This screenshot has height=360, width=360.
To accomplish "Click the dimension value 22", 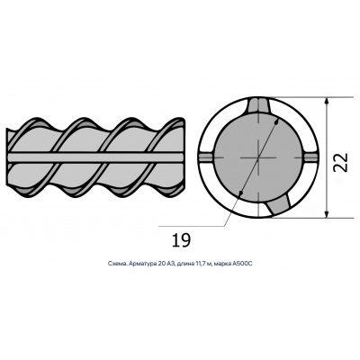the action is coord(341,162).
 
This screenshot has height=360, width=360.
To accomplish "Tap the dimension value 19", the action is coord(181,240).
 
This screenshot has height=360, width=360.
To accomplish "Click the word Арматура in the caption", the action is coord(143,264).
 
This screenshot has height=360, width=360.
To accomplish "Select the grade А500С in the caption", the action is coord(244,264).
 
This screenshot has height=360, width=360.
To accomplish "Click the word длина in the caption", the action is coord(185,264).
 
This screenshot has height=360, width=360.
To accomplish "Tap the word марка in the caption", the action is coord(224,264).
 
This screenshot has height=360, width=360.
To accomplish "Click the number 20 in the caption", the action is coord(160,264).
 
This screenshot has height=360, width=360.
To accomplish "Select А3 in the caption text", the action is coord(170,264).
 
